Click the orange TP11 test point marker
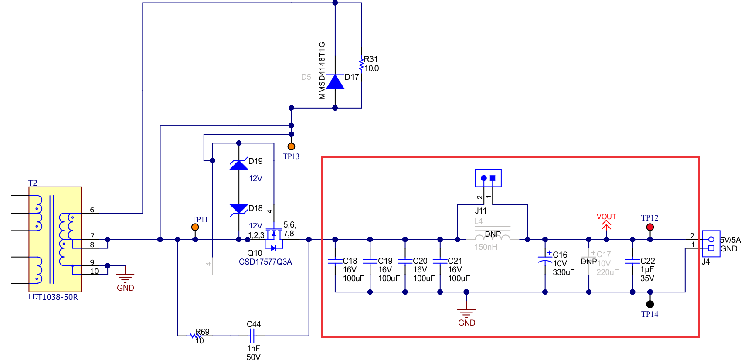coord(195,227)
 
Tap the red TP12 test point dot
coord(650,227)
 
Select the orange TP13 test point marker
coord(291,146)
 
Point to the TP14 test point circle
coord(650,304)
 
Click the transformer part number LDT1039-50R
coord(53,297)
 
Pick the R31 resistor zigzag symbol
coord(361,64)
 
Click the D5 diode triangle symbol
coord(335,82)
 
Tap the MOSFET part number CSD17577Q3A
coord(265,262)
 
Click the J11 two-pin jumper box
coord(488,178)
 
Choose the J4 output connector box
coord(711,244)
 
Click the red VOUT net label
coord(606,217)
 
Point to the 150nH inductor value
coord(486,247)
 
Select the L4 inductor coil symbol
coord(493,237)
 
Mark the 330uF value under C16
coord(564,272)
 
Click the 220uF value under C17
coord(607,272)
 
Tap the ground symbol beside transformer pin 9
coord(126,277)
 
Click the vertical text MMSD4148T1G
coord(322,70)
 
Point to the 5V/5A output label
coord(730,240)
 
